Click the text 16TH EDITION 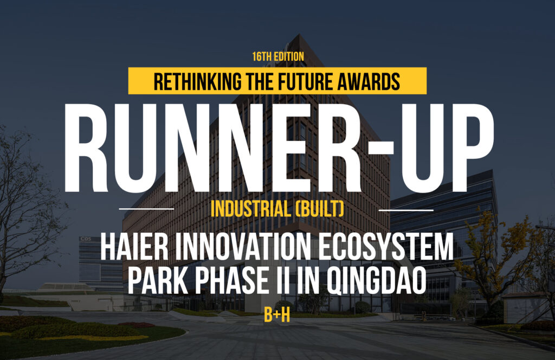click(x=278, y=56)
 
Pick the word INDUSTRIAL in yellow click(x=249, y=209)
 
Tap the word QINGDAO click(x=377, y=281)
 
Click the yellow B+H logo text click(x=277, y=315)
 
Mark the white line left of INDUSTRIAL click(x=146, y=209)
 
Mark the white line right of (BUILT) click(x=406, y=210)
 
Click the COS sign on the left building click(x=86, y=239)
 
